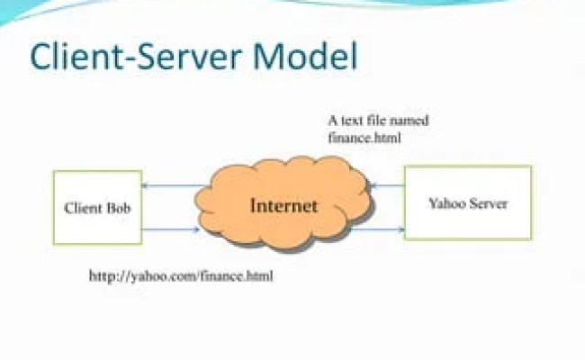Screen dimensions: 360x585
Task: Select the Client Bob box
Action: [x=97, y=207]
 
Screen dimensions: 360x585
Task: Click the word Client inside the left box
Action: [x=84, y=208]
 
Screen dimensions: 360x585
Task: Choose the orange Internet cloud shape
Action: [x=283, y=204]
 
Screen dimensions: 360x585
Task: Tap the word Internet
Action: [x=283, y=205]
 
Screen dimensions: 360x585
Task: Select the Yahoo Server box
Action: [x=467, y=202]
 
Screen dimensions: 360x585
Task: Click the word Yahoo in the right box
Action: [x=446, y=202]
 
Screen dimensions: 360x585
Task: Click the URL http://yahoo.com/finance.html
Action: [x=180, y=276]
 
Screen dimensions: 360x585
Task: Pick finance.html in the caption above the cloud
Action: [x=364, y=138]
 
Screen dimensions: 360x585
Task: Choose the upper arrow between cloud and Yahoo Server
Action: [x=387, y=187]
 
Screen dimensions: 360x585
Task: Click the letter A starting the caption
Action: [x=332, y=121]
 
